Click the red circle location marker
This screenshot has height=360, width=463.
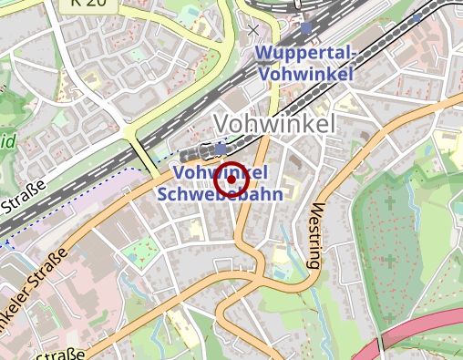[232, 180]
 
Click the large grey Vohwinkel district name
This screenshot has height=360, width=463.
[274, 123]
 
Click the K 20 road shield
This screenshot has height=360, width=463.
[80, 5]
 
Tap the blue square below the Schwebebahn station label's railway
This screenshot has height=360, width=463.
[221, 148]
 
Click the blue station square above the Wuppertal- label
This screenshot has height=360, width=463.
[305, 29]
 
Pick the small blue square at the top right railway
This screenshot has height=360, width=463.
[417, 17]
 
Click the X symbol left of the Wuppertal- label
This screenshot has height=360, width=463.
[253, 30]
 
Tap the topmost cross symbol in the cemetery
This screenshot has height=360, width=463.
[389, 202]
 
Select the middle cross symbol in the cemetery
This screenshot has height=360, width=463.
[389, 261]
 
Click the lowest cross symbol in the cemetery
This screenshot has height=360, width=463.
[389, 318]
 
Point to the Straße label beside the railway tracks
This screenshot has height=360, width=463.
[25, 201]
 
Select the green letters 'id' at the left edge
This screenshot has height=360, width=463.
[7, 141]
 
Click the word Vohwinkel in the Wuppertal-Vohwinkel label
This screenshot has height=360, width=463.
[306, 74]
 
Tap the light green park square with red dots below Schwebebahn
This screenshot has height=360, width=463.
[141, 251]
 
